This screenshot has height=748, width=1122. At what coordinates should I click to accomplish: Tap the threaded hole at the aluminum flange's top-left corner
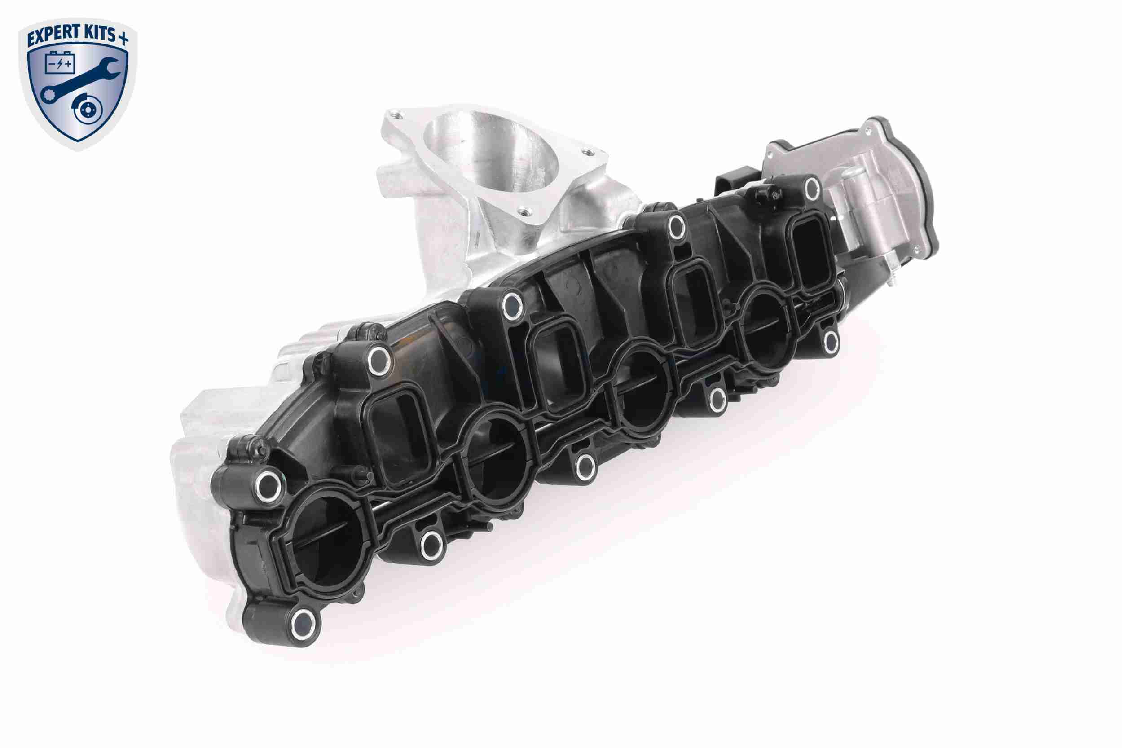pos(393,114)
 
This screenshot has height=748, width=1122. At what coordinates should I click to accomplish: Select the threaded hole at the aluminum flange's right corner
pos(589,153)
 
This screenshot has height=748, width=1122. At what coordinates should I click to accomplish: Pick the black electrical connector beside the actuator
pos(727,181)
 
